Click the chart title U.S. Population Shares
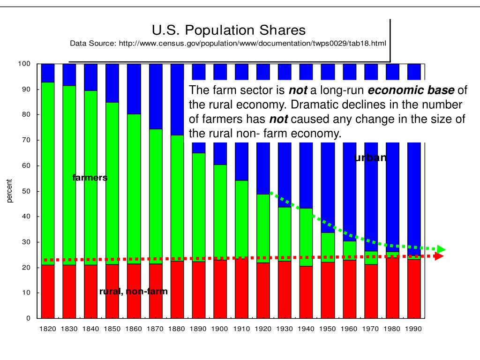click(229, 30)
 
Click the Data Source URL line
click(228, 44)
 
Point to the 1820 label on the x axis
click(48, 329)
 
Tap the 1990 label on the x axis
click(414, 329)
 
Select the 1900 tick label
click(219, 329)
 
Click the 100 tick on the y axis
click(24, 64)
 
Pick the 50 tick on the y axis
click(26, 191)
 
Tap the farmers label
click(90, 178)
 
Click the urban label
click(370, 157)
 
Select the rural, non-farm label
click(133, 292)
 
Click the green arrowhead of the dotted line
click(441, 249)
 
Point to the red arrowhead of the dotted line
click(439, 256)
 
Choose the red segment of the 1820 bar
click(48, 291)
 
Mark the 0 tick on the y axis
click(28, 319)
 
